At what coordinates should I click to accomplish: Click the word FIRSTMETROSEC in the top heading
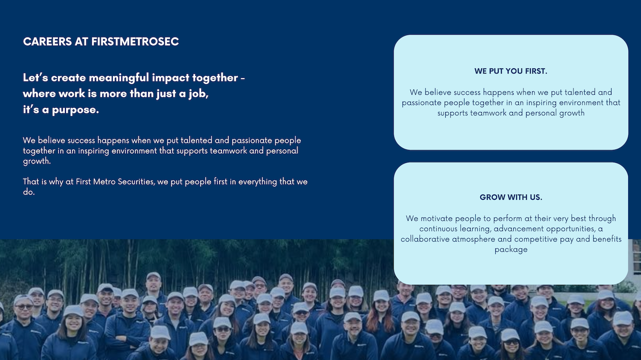135,42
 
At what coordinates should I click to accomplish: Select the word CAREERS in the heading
47,42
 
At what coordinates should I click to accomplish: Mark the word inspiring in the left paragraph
94,151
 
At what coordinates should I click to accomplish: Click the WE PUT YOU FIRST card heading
511,71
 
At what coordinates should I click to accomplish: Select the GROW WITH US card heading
511,197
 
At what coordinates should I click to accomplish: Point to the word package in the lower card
511,250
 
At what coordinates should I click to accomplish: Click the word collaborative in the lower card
425,239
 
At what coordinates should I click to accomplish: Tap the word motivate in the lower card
437,219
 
